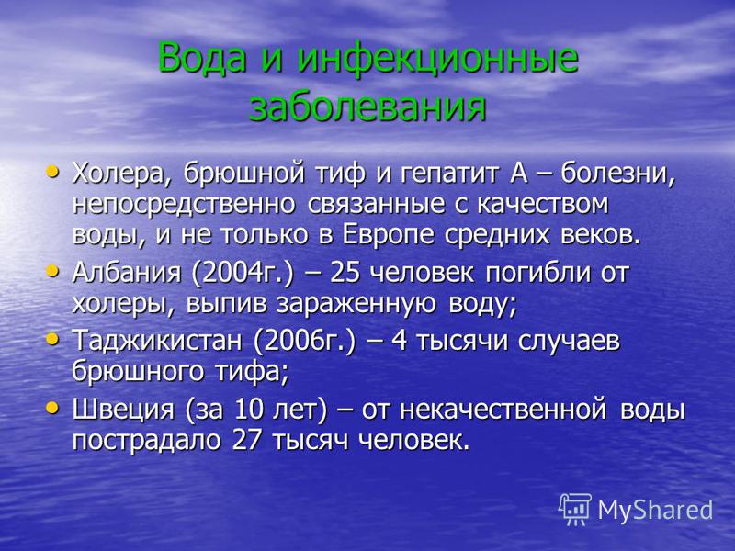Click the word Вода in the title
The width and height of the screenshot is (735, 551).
click(x=202, y=58)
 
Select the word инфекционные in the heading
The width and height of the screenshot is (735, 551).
click(x=437, y=60)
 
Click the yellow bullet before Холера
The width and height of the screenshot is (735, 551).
click(x=52, y=172)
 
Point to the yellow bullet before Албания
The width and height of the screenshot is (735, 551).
click(x=52, y=271)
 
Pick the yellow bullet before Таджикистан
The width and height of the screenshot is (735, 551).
click(x=52, y=338)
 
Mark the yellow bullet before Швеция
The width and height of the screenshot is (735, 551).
click(x=52, y=408)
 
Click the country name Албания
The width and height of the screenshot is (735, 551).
click(x=127, y=273)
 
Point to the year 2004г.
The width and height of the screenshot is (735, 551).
click(x=243, y=273)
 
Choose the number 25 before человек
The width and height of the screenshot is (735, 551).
click(x=345, y=273)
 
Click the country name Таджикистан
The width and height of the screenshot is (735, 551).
click(x=157, y=341)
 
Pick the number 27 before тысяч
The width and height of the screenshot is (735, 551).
click(x=246, y=441)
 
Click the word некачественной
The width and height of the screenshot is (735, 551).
click(x=503, y=410)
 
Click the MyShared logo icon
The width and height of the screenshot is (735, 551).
click(x=575, y=509)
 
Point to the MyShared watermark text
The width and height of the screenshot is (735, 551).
click(x=655, y=510)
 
